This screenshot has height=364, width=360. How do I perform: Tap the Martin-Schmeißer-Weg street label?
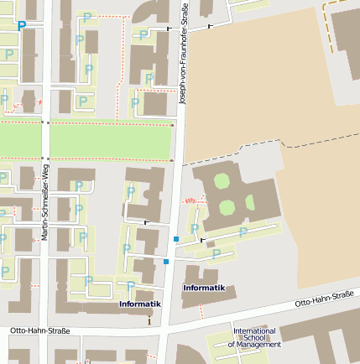pyautogui.click(x=44, y=202)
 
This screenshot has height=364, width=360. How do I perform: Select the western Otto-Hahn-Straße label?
pyautogui.click(x=39, y=331)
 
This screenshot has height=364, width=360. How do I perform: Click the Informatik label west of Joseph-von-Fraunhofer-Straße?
pyautogui.click(x=139, y=304)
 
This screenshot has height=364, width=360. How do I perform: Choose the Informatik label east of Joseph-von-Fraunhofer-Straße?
pyautogui.click(x=204, y=288)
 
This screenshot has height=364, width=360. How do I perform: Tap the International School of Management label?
pyautogui.click(x=253, y=337)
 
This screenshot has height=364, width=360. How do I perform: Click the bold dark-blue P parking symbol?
pyautogui.click(x=22, y=26)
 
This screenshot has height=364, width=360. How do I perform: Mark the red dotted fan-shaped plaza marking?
pyautogui.click(x=194, y=200)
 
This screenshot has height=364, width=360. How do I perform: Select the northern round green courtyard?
pyautogui.click(x=221, y=180)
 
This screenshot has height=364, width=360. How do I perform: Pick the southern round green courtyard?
pyautogui.click(x=227, y=207)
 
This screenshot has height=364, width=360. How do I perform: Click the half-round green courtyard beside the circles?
pyautogui.click(x=248, y=202)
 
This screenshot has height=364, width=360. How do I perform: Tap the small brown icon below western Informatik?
pyautogui.click(x=149, y=319)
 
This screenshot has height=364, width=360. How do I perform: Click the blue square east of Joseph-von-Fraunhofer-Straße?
pyautogui.click(x=175, y=240)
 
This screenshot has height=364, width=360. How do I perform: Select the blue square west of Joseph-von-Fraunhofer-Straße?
pyautogui.click(x=166, y=263)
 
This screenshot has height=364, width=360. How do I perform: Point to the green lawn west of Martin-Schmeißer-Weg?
pyautogui.click(x=19, y=140)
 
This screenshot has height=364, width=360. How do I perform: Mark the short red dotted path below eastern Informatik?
pyautogui.click(x=201, y=311)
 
